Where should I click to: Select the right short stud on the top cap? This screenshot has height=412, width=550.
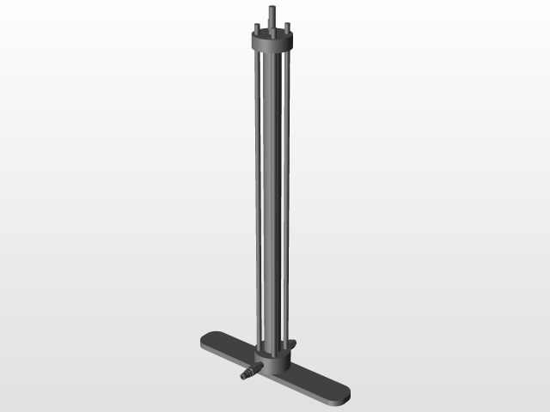[288, 27]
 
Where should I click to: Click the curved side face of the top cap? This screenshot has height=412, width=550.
[273, 47]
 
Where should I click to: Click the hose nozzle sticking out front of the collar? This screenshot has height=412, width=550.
[250, 372]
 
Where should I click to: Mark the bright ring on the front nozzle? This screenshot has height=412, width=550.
[254, 370]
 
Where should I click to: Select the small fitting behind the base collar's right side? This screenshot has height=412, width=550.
[293, 344]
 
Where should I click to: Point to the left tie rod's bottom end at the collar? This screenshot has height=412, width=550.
[258, 351]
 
